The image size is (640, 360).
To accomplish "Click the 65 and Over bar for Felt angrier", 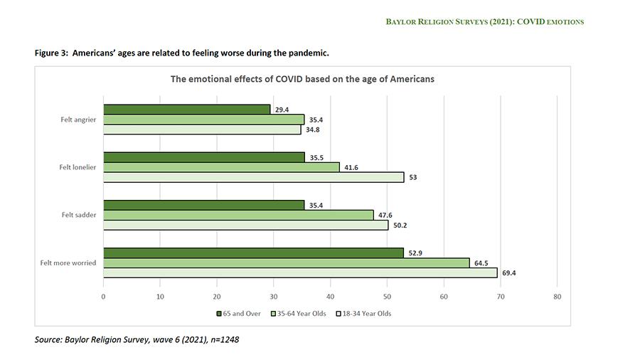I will click(x=186, y=109).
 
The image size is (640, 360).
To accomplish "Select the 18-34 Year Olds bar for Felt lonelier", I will click(x=253, y=177).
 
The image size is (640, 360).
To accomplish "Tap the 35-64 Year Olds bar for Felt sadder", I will click(x=238, y=215).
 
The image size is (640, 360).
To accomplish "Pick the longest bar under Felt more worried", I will click(x=300, y=272).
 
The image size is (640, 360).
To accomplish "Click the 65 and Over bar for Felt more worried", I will click(x=253, y=253).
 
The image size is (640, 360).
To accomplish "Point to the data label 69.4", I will click(x=508, y=272).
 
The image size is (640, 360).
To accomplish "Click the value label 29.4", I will click(x=282, y=109).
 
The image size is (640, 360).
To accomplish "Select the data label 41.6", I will click(x=351, y=167).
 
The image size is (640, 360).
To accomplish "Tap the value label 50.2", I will click(x=400, y=225).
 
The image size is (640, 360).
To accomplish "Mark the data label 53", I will click(x=412, y=177).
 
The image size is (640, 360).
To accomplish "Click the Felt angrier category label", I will click(x=78, y=120).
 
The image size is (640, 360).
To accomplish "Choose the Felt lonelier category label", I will click(x=78, y=167).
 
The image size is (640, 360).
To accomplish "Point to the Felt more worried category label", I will click(x=68, y=263).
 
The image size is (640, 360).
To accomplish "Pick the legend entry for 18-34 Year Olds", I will click(x=366, y=313).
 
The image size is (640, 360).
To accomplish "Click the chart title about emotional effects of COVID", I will click(x=302, y=79).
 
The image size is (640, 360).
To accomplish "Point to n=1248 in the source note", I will click(x=219, y=339).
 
